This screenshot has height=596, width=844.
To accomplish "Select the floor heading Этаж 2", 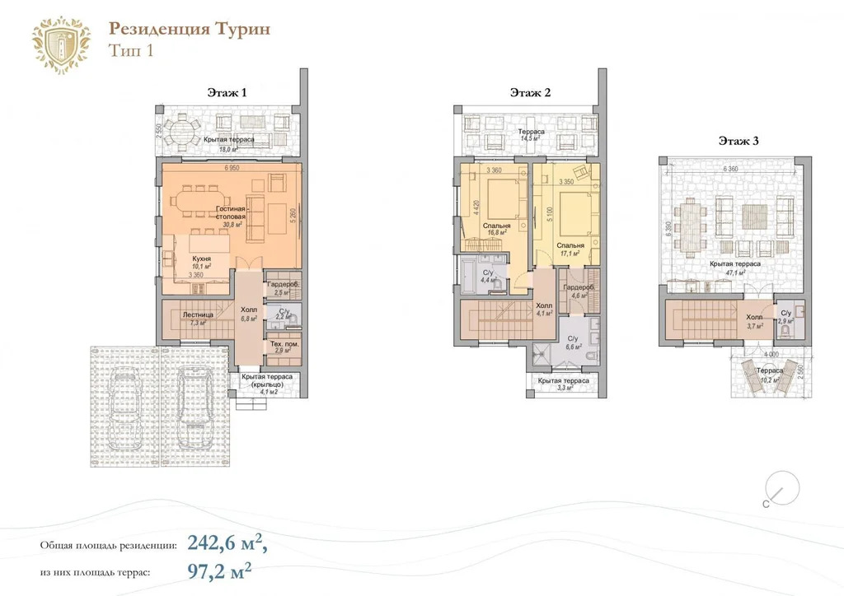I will (530, 93).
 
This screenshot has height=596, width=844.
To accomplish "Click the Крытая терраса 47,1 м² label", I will (729, 268).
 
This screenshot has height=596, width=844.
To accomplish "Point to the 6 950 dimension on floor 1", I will (235, 169).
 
